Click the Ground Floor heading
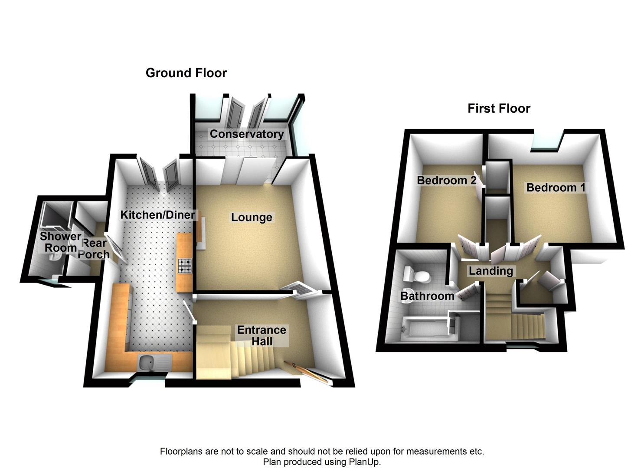186,73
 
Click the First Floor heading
499,108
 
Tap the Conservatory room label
246,134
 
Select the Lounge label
252,217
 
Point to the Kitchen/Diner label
157,214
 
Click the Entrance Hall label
262,335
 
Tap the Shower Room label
60,242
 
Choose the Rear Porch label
94,248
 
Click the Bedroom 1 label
556,188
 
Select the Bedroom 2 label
447,180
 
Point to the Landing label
491,271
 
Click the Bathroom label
427,296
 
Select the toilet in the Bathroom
415,274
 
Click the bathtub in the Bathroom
425,326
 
